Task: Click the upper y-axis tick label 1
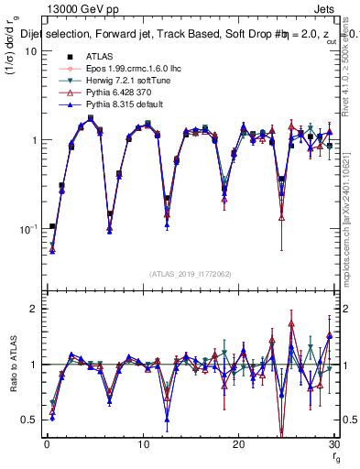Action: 31,140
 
